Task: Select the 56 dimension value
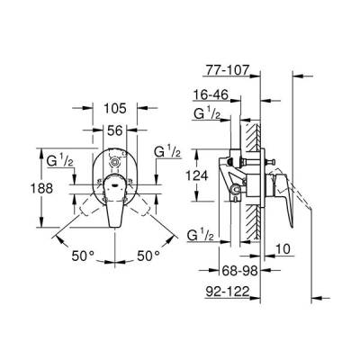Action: [114, 130]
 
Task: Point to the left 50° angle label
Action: [84, 256]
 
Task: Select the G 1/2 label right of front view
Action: [167, 150]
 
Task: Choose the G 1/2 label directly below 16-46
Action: [210, 113]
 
